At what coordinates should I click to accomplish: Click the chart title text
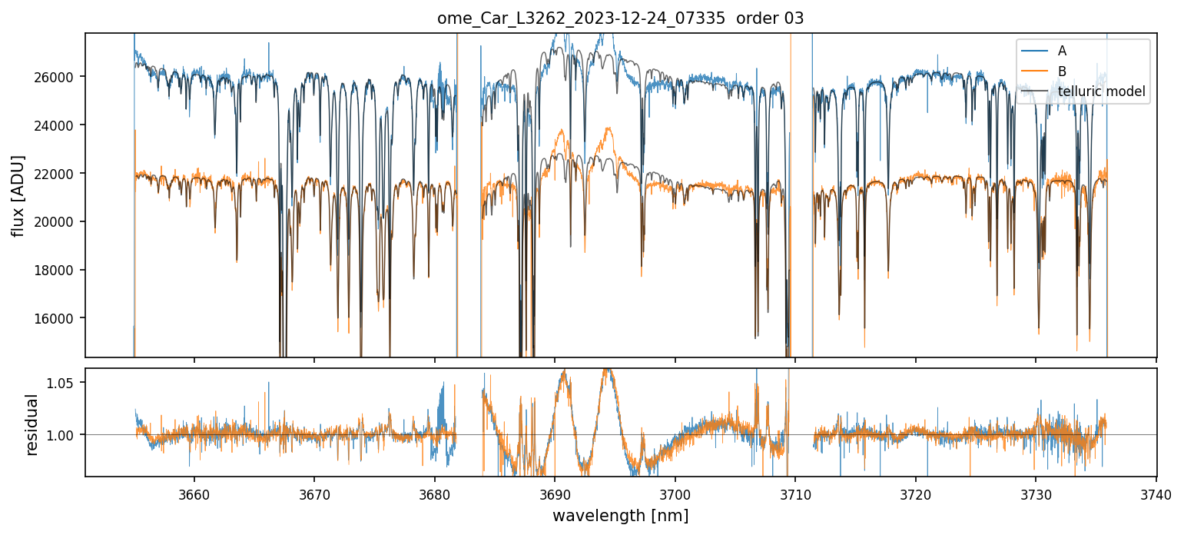point(620,19)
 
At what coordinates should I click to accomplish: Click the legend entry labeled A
point(1062,51)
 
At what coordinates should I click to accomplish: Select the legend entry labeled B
point(1062,71)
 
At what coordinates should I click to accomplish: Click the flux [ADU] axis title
point(17,195)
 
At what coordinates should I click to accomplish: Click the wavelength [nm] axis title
point(620,515)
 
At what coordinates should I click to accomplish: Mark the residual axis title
point(32,424)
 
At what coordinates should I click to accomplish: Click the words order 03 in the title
point(769,19)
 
